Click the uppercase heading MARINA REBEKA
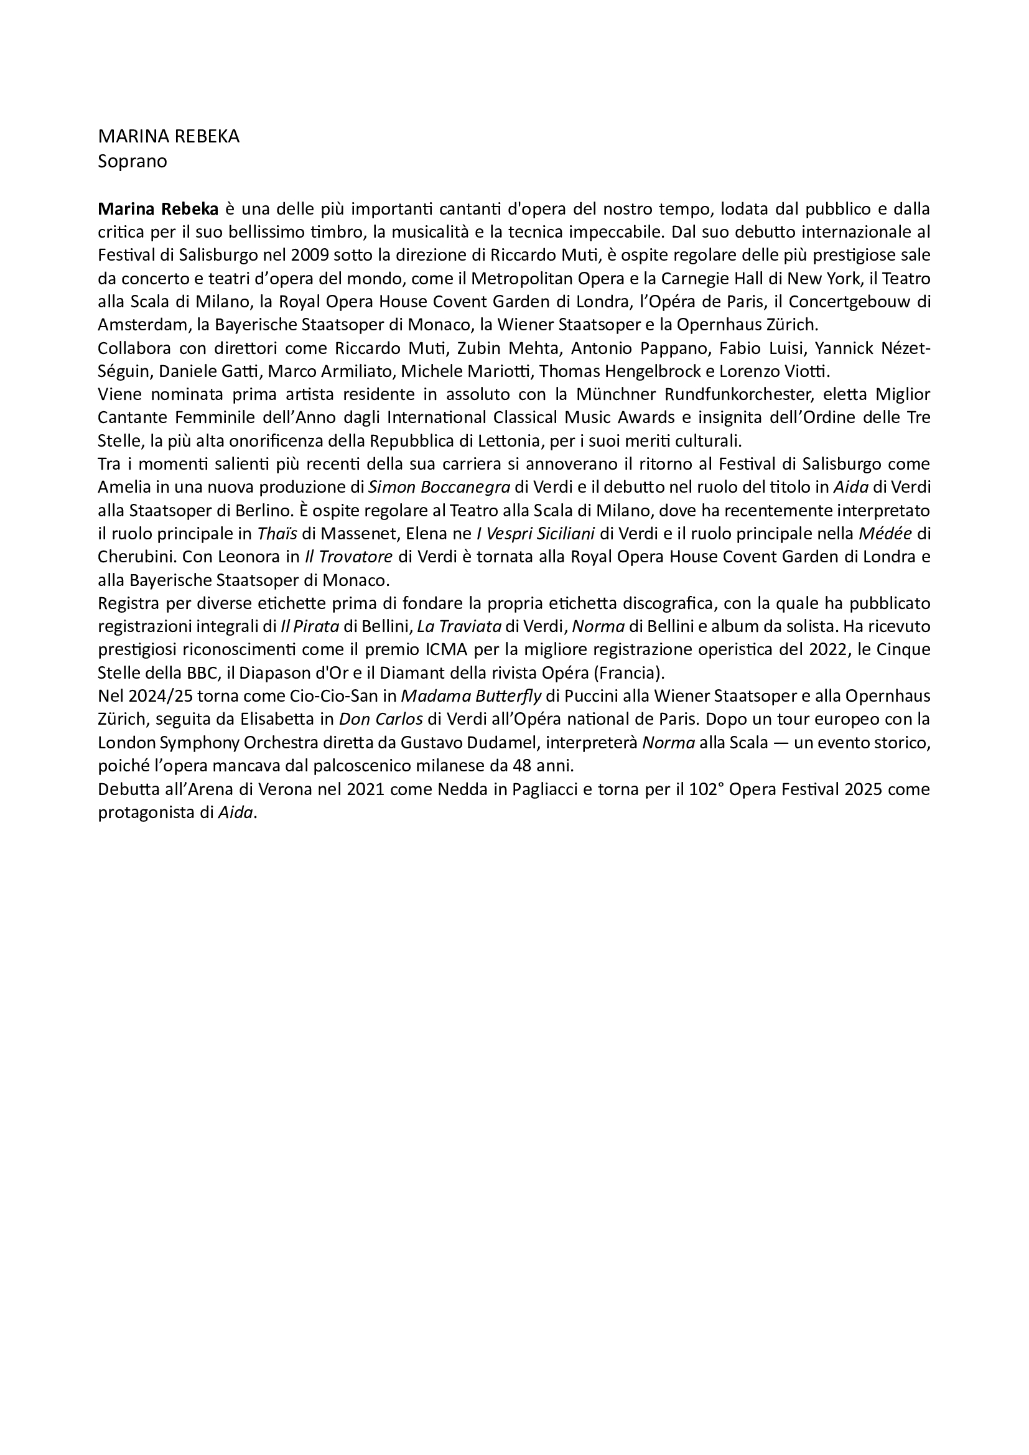click(x=169, y=137)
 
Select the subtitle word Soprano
click(x=133, y=162)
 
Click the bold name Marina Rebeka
click(x=158, y=209)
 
